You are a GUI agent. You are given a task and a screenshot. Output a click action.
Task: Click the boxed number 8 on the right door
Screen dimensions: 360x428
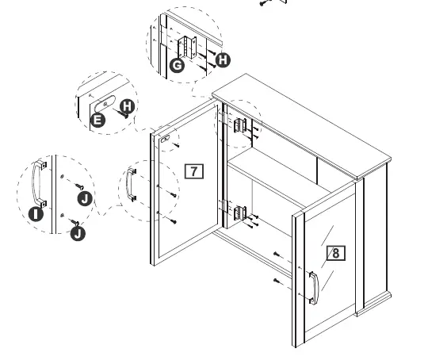336,253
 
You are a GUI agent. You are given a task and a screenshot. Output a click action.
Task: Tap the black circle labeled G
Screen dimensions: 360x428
178,65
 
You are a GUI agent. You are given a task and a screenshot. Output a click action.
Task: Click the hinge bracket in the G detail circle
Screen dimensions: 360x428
188,47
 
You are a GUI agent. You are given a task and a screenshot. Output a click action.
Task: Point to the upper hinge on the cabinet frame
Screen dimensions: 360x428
239,124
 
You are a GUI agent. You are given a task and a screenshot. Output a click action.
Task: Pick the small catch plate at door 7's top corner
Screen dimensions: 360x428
167,138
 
